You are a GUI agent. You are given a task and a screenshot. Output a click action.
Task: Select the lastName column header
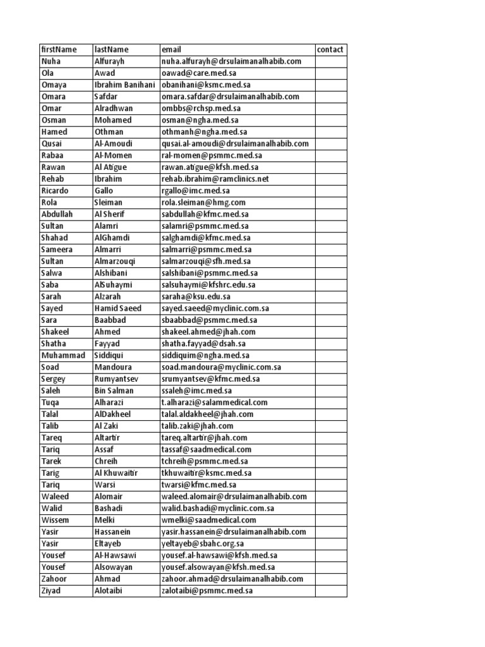pyautogui.click(x=111, y=50)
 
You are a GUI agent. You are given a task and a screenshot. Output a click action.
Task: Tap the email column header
pyautogui.click(x=171, y=50)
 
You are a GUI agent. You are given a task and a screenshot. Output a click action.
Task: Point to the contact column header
pyautogui.click(x=330, y=50)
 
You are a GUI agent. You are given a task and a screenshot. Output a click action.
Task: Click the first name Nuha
pyautogui.click(x=51, y=61)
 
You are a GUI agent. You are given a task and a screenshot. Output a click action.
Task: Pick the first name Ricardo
pyautogui.click(x=54, y=191)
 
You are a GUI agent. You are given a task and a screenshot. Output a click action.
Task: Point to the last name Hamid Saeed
pyautogui.click(x=118, y=308)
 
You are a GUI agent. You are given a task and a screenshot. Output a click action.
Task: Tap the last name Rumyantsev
pyautogui.click(x=116, y=379)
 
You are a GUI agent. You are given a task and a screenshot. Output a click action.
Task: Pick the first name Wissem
pyautogui.click(x=54, y=520)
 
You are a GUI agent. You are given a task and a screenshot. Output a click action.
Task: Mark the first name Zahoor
pyautogui.click(x=54, y=579)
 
